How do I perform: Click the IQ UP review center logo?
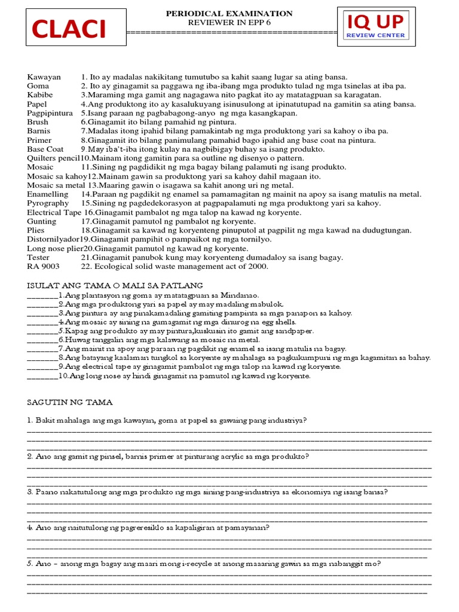click(375, 27)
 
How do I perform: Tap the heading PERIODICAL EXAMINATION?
click(229, 13)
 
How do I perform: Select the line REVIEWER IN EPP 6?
click(229, 22)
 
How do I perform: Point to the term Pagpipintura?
click(50, 113)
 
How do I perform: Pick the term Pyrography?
click(48, 203)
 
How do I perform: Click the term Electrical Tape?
click(54, 212)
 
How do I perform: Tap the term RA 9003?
click(43, 266)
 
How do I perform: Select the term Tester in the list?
click(38, 257)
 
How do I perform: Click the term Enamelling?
click(48, 194)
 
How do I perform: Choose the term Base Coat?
click(45, 149)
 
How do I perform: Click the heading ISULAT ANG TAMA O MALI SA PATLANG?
click(115, 285)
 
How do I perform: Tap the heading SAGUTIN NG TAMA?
click(70, 402)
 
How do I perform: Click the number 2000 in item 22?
click(259, 266)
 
